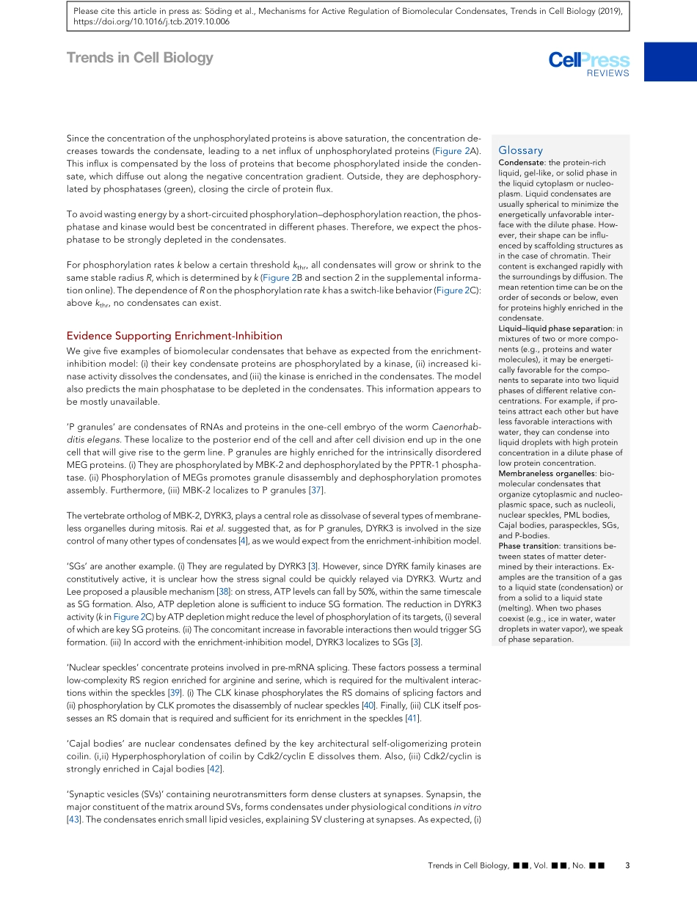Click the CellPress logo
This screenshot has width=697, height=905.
pos(588,60)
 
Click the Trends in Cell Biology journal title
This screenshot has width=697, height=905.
pos(139,57)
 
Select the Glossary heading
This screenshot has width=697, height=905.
pos(520,150)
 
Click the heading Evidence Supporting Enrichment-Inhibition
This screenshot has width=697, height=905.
pos(174,336)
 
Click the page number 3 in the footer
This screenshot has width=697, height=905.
pos(627,865)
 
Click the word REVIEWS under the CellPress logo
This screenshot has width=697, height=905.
pos(607,73)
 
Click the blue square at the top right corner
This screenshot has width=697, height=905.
pos(670,61)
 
